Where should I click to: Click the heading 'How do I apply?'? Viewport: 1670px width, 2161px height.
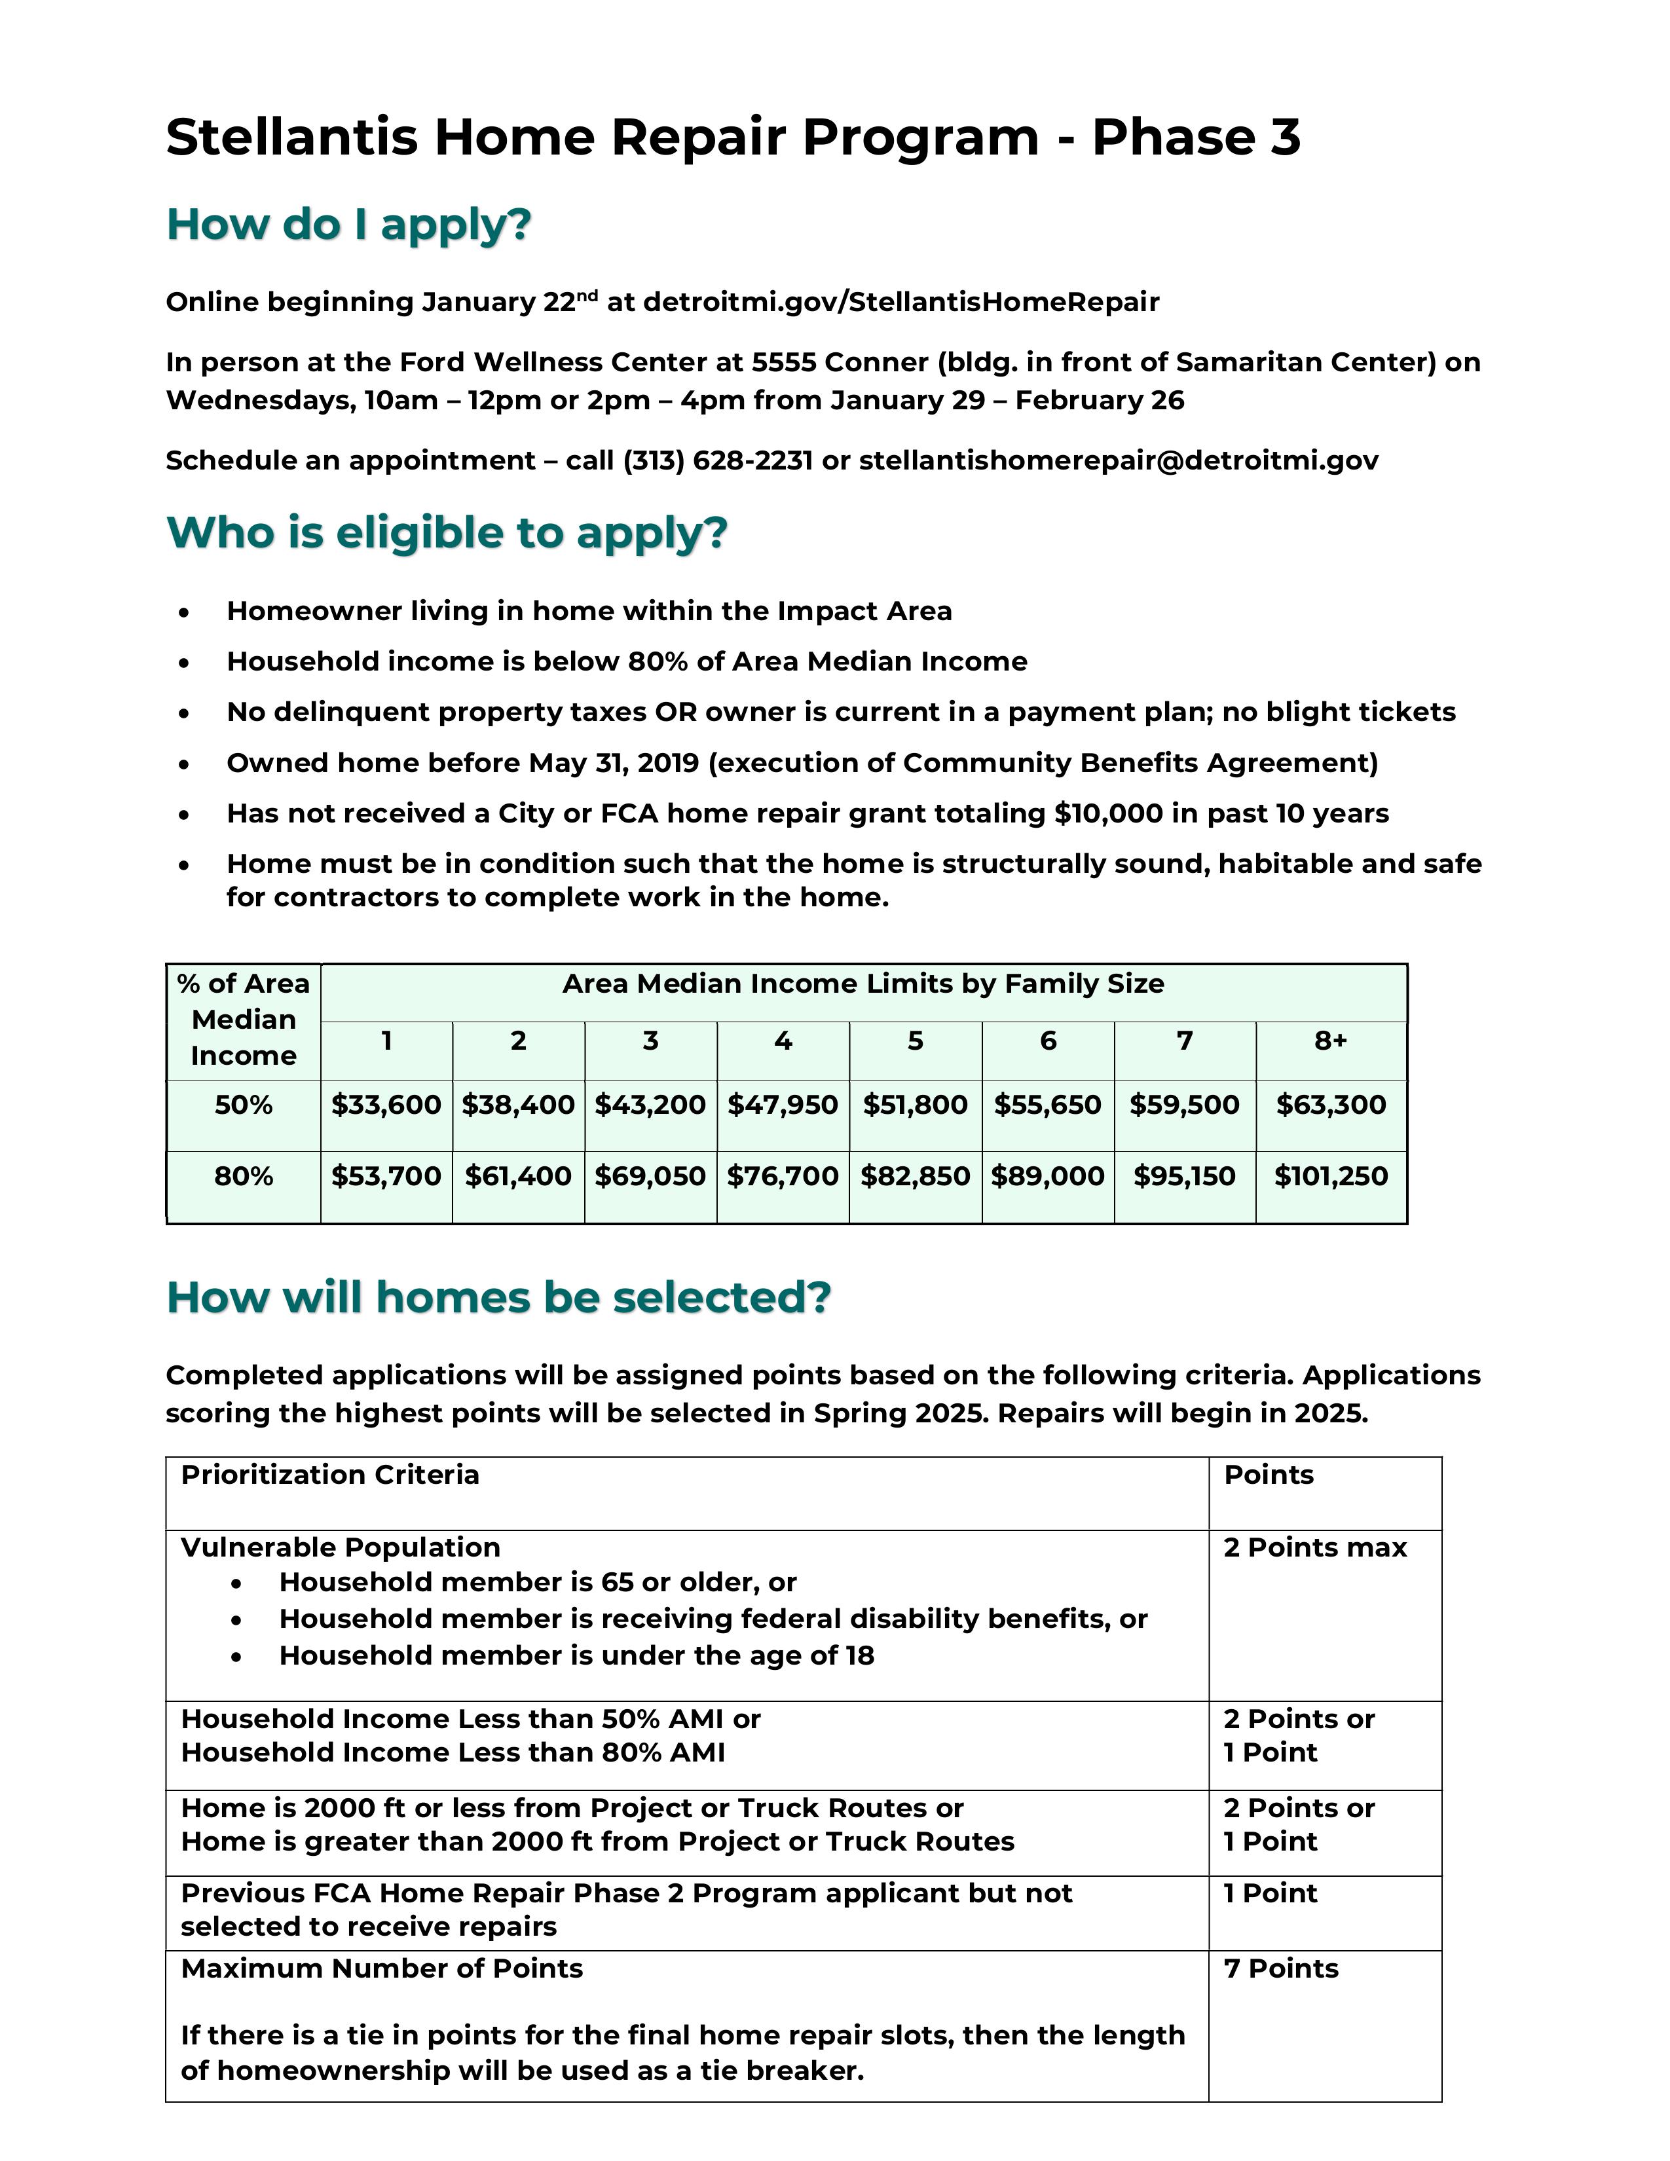(x=348, y=225)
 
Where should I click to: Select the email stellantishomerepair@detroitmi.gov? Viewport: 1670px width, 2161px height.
(x=1118, y=461)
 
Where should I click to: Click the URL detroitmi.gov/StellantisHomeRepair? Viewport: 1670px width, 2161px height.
(x=900, y=303)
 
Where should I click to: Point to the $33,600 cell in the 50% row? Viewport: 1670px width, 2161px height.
(x=386, y=1105)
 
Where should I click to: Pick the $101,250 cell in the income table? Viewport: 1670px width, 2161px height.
(x=1331, y=1177)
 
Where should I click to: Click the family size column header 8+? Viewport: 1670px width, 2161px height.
(x=1331, y=1041)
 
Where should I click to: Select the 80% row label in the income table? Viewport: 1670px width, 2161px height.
(x=244, y=1177)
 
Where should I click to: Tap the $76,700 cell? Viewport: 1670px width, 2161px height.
(x=783, y=1177)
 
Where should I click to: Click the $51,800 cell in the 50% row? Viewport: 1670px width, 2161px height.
(x=915, y=1105)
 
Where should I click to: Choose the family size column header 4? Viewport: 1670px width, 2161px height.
(x=783, y=1041)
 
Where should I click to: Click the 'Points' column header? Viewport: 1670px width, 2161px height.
(x=1269, y=1475)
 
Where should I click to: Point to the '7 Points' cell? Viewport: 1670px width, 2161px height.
(x=1280, y=1969)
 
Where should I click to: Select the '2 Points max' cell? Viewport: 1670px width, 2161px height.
(x=1315, y=1547)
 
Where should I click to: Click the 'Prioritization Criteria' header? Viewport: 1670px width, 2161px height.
(x=329, y=1475)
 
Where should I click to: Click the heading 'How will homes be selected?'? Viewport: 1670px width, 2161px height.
(x=498, y=1298)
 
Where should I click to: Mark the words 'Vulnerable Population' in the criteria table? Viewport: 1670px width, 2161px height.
(x=341, y=1547)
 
